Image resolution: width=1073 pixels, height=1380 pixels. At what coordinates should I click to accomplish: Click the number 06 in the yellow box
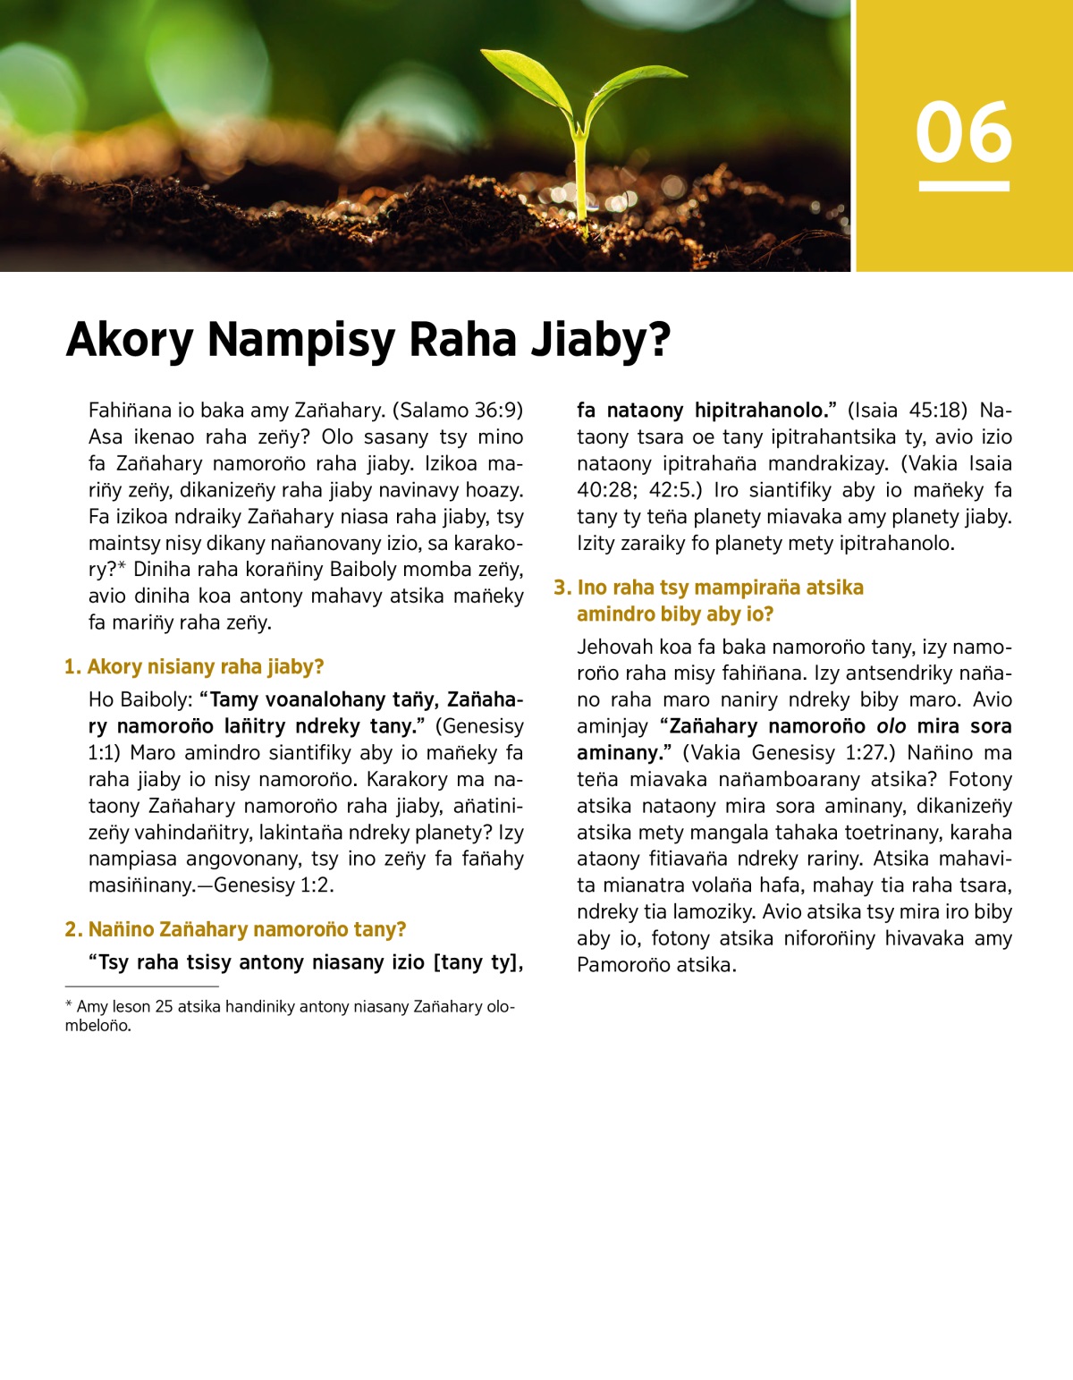(x=964, y=133)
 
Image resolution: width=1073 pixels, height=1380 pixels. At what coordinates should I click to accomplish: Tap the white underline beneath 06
(x=964, y=186)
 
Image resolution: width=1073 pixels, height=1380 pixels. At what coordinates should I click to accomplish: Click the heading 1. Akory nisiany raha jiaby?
(x=194, y=667)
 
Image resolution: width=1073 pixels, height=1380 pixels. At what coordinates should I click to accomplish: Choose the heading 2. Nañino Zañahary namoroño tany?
(x=235, y=930)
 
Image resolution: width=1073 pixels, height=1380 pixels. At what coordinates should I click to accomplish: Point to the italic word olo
(x=891, y=726)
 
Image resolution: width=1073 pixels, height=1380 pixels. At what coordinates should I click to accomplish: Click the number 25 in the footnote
(x=164, y=1007)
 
